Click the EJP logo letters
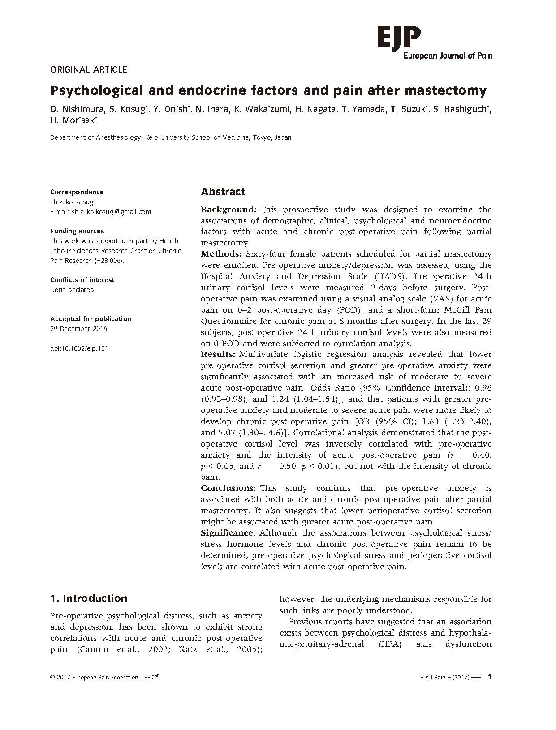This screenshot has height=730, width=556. tap(399, 37)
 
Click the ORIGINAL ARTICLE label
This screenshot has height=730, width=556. tap(89, 69)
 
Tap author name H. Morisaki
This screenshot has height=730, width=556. tap(73, 120)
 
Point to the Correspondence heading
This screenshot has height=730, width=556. tap(77, 192)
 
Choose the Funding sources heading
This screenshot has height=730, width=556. tap(77, 231)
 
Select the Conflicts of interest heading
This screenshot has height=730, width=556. tap(82, 280)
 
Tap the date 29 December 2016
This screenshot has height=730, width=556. tap(78, 329)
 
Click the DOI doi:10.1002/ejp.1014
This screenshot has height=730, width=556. tap(81, 348)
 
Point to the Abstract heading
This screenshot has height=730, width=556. tap(223, 192)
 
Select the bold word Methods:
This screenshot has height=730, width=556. tap(221, 254)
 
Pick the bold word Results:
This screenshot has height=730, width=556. tap(219, 354)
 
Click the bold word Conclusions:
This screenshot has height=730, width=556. tap(228, 488)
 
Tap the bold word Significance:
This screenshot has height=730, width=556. tap(228, 533)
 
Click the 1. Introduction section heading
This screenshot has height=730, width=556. tap(89, 599)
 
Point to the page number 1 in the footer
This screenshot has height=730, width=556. tap(490, 677)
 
